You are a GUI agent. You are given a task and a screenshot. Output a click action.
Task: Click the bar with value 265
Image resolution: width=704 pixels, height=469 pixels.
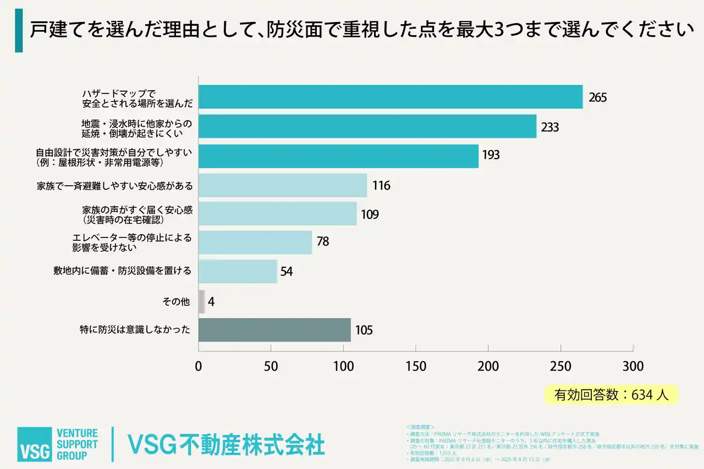point(391,97)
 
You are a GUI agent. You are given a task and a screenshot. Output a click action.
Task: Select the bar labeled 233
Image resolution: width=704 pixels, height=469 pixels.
point(367,126)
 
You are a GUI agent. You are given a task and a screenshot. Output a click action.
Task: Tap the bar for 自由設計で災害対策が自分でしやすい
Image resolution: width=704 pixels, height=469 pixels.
point(338,156)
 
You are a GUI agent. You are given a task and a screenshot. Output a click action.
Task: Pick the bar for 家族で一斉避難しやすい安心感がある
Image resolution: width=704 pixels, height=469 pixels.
point(283,185)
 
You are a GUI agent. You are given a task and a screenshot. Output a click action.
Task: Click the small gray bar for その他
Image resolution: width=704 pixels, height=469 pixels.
point(202,301)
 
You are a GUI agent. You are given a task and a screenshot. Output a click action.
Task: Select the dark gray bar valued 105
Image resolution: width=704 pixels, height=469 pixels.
point(274,330)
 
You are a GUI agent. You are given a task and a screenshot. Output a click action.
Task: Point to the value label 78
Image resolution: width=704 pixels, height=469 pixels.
point(323,242)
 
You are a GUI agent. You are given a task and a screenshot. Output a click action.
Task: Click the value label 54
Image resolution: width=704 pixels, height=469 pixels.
point(287,271)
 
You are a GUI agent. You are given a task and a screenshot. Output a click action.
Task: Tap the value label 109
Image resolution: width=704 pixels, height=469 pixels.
point(370,214)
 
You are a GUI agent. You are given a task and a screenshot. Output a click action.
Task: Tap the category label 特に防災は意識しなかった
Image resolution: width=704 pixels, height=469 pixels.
point(135,330)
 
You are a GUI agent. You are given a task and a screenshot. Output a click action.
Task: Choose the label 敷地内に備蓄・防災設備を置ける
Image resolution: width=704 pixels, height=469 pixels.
point(122,271)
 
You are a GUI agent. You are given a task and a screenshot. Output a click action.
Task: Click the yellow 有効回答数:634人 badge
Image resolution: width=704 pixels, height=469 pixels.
point(611,394)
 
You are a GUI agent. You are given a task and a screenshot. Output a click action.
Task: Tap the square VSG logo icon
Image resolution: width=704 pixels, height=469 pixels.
point(34,444)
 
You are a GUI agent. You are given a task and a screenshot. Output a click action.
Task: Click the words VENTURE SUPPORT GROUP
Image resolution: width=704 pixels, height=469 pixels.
point(78,444)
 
